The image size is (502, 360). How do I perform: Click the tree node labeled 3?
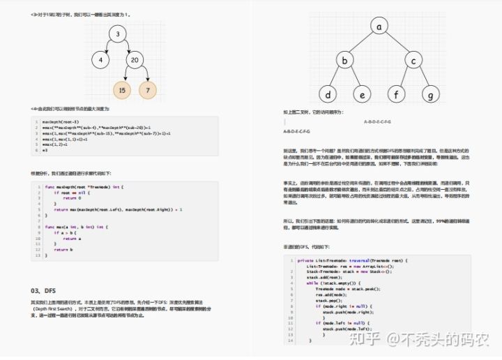click(x=119, y=33)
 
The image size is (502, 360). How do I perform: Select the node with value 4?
click(x=100, y=60)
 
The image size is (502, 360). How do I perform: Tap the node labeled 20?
click(x=135, y=60)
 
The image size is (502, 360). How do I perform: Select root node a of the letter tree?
click(x=379, y=27)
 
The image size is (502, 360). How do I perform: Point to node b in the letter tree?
click(x=344, y=61)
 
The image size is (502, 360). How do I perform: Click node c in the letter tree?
click(x=414, y=61)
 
